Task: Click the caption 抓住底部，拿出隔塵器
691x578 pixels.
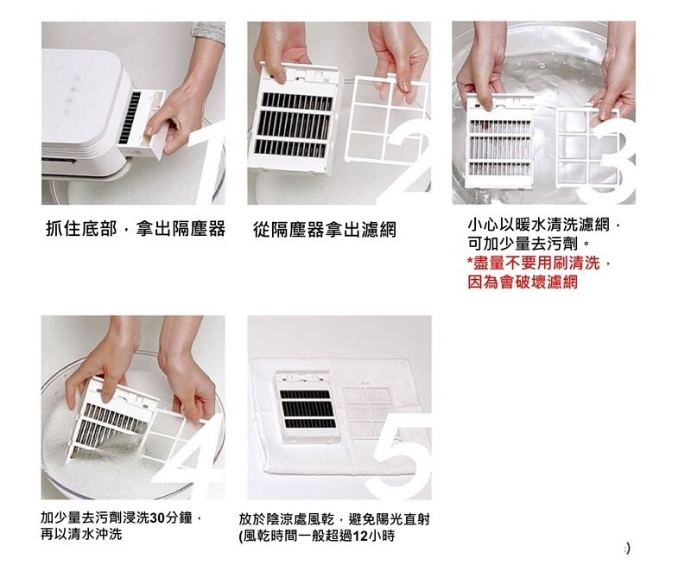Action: pyautogui.click(x=136, y=229)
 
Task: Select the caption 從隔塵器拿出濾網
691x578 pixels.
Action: pyautogui.click(x=325, y=230)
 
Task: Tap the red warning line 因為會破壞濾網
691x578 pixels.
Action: pyautogui.click(x=523, y=283)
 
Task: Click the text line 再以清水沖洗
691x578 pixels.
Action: pyautogui.click(x=81, y=535)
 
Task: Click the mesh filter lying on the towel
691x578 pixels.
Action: pyautogui.click(x=367, y=411)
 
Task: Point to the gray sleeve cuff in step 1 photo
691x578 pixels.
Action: pyautogui.click(x=208, y=32)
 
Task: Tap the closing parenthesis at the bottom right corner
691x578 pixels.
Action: pyautogui.click(x=628, y=548)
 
